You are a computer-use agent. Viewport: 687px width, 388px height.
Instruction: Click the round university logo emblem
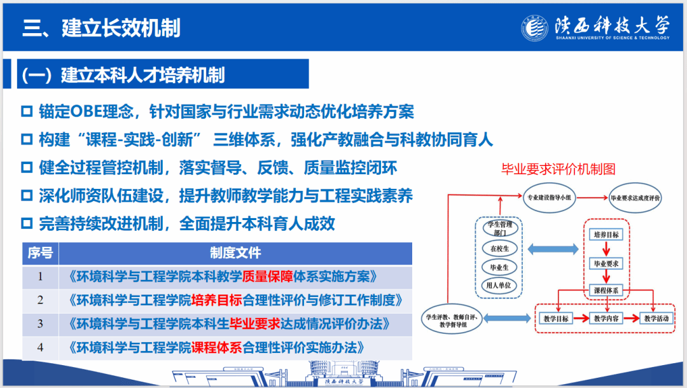534,28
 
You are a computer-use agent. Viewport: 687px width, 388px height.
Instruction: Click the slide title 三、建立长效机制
101,28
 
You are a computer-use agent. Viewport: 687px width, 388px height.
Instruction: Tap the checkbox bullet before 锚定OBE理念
27,111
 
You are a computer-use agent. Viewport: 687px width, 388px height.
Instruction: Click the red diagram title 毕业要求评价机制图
559,169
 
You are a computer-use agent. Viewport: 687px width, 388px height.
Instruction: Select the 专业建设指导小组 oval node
550,198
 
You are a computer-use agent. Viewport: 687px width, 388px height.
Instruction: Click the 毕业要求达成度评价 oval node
635,198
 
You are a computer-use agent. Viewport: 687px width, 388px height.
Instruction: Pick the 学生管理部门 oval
500,228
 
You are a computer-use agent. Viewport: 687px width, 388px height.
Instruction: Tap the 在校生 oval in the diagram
499,248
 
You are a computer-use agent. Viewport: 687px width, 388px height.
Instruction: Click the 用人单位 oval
499,286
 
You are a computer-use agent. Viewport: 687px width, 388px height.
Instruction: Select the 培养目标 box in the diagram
606,235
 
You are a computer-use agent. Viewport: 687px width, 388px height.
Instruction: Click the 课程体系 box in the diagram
606,290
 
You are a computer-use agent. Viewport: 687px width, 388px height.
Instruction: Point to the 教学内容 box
606,319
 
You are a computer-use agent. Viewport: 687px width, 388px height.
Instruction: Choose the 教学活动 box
656,319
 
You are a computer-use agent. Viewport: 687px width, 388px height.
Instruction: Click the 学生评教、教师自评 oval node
452,320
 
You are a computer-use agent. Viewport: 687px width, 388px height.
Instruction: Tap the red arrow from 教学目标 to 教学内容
581,319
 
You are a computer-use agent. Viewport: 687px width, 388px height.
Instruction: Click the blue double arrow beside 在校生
553,249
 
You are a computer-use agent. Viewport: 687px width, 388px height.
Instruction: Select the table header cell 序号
40,253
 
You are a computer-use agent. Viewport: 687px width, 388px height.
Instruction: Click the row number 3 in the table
40,324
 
